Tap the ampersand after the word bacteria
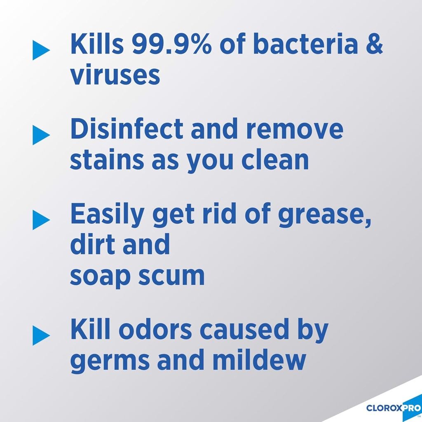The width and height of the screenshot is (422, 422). (374, 44)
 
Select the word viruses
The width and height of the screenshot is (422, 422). (115, 75)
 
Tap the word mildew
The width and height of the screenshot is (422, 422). (259, 361)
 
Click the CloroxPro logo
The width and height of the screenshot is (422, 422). (394, 408)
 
